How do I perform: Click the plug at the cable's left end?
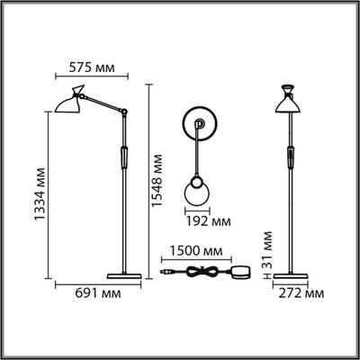tap(165, 270)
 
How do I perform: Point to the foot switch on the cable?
tap(242, 271)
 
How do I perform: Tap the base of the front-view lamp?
tap(292, 274)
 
